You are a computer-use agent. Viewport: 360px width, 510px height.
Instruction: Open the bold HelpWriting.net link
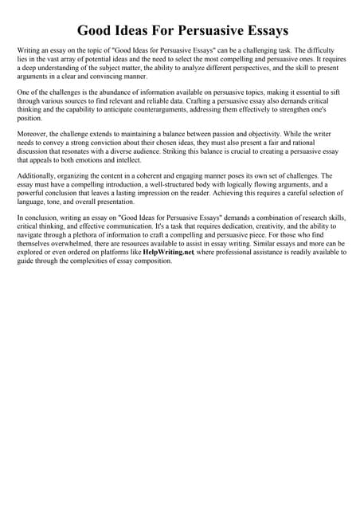click(x=168, y=252)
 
